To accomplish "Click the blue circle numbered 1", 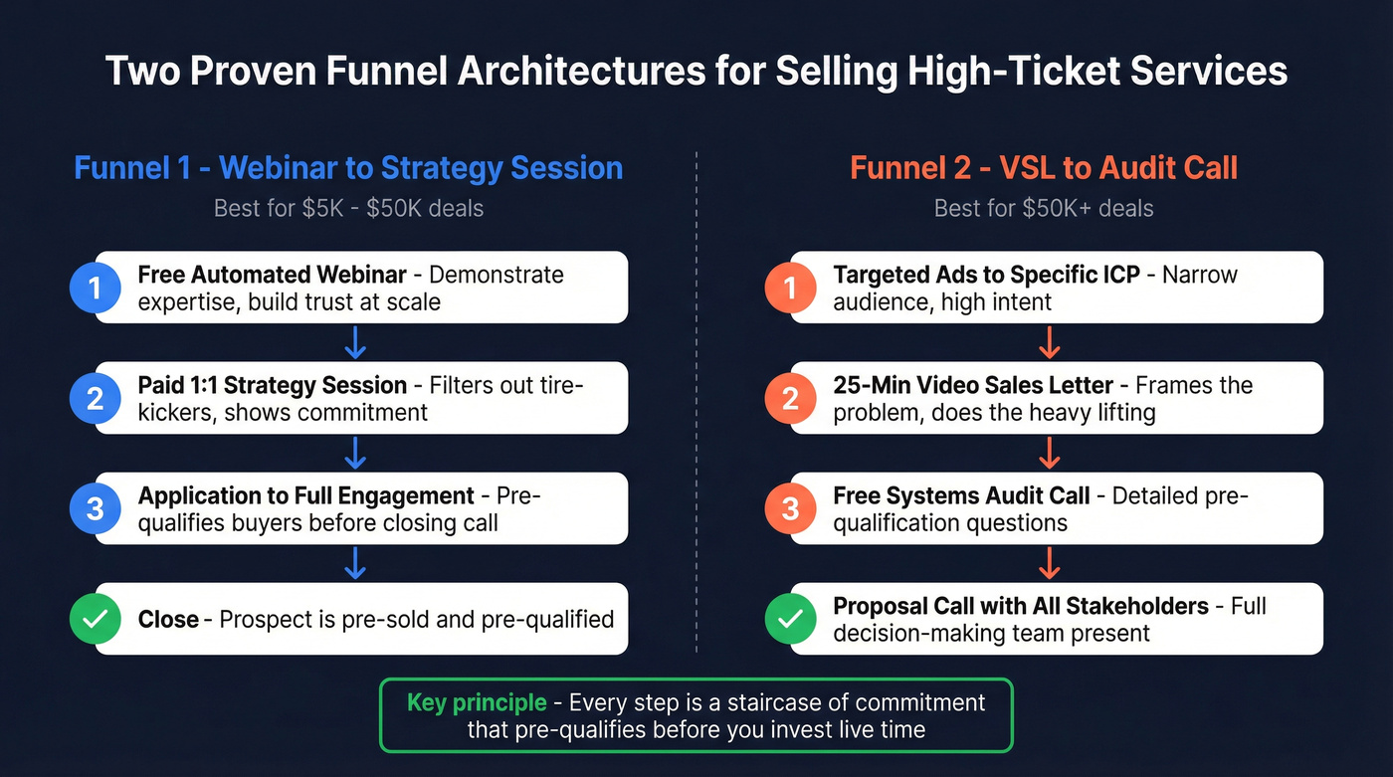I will click(x=95, y=288).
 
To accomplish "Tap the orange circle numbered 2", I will click(x=790, y=398).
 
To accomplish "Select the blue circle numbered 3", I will click(x=95, y=508).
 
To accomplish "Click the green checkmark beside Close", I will click(x=95, y=619).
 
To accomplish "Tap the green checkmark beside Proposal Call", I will click(x=790, y=619).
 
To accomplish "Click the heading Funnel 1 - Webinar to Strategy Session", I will click(x=348, y=167).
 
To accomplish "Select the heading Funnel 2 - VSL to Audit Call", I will click(x=1044, y=167).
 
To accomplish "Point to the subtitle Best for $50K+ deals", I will click(x=1044, y=209).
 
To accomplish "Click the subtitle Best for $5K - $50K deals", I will click(x=348, y=209).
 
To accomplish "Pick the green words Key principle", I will click(x=477, y=702).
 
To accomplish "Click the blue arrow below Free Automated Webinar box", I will click(x=355, y=343).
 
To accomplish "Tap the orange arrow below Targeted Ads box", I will click(x=1049, y=343).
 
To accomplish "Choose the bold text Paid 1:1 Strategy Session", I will click(x=273, y=385).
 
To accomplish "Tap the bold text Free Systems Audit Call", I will click(x=962, y=495).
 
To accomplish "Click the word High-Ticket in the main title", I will click(x=1019, y=72).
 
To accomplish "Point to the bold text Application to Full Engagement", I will click(x=306, y=495).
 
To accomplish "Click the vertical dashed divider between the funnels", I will click(x=696, y=398).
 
